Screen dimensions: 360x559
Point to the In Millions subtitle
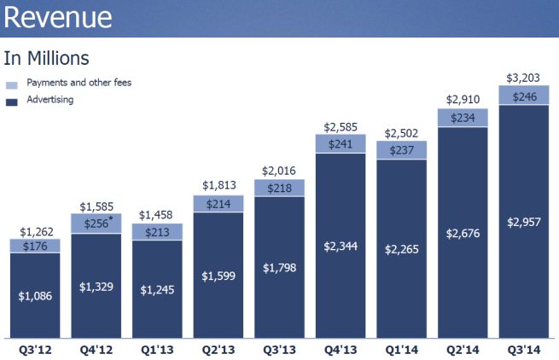tap(46, 59)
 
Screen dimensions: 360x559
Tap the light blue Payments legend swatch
tap(12, 84)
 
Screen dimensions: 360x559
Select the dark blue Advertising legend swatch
tap(12, 102)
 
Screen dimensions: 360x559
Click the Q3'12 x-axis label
tap(35, 349)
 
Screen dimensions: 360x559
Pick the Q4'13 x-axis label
tap(340, 349)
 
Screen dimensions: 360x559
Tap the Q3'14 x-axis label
tap(523, 349)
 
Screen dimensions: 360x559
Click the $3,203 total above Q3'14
tap(523, 78)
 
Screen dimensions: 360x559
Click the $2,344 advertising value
tap(340, 247)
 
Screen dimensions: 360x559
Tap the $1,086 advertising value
tap(35, 296)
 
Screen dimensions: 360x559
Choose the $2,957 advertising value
tap(523, 222)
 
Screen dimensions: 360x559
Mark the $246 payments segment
tap(523, 96)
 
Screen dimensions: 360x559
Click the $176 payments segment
tap(35, 247)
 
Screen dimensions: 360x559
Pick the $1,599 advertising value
tap(218, 276)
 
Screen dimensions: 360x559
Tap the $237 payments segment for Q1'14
tap(401, 150)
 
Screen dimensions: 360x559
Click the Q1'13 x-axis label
tap(157, 349)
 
